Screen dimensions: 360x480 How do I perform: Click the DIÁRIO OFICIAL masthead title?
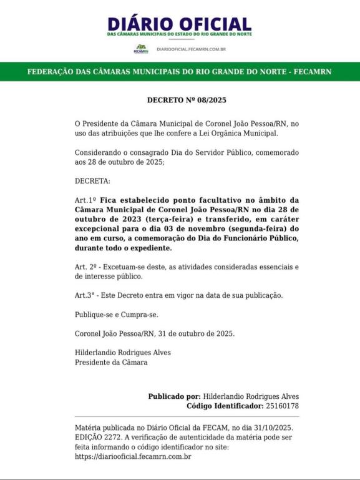(180, 24)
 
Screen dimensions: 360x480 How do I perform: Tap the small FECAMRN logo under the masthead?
(142, 48)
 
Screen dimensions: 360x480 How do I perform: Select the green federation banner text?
(180, 72)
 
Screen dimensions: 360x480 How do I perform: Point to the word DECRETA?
(92, 181)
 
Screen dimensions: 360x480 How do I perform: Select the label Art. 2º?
(86, 267)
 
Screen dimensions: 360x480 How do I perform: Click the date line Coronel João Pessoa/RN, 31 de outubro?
(155, 333)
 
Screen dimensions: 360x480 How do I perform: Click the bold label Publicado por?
(174, 396)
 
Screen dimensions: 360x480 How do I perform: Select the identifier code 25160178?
(283, 406)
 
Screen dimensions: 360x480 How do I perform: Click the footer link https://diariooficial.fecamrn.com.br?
(133, 456)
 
